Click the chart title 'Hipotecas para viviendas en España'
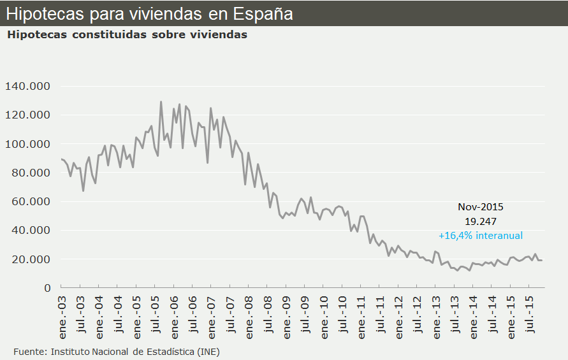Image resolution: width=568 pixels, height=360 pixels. [150, 13]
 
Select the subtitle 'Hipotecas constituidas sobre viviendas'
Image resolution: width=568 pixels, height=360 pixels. [127, 35]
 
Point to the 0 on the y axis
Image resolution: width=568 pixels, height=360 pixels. [47, 288]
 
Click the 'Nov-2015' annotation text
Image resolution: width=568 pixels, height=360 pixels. [481, 206]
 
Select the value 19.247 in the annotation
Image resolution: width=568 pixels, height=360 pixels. [481, 220]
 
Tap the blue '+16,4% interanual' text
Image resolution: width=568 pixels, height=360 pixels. [481, 235]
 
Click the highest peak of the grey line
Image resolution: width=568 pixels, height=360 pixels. [161, 102]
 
